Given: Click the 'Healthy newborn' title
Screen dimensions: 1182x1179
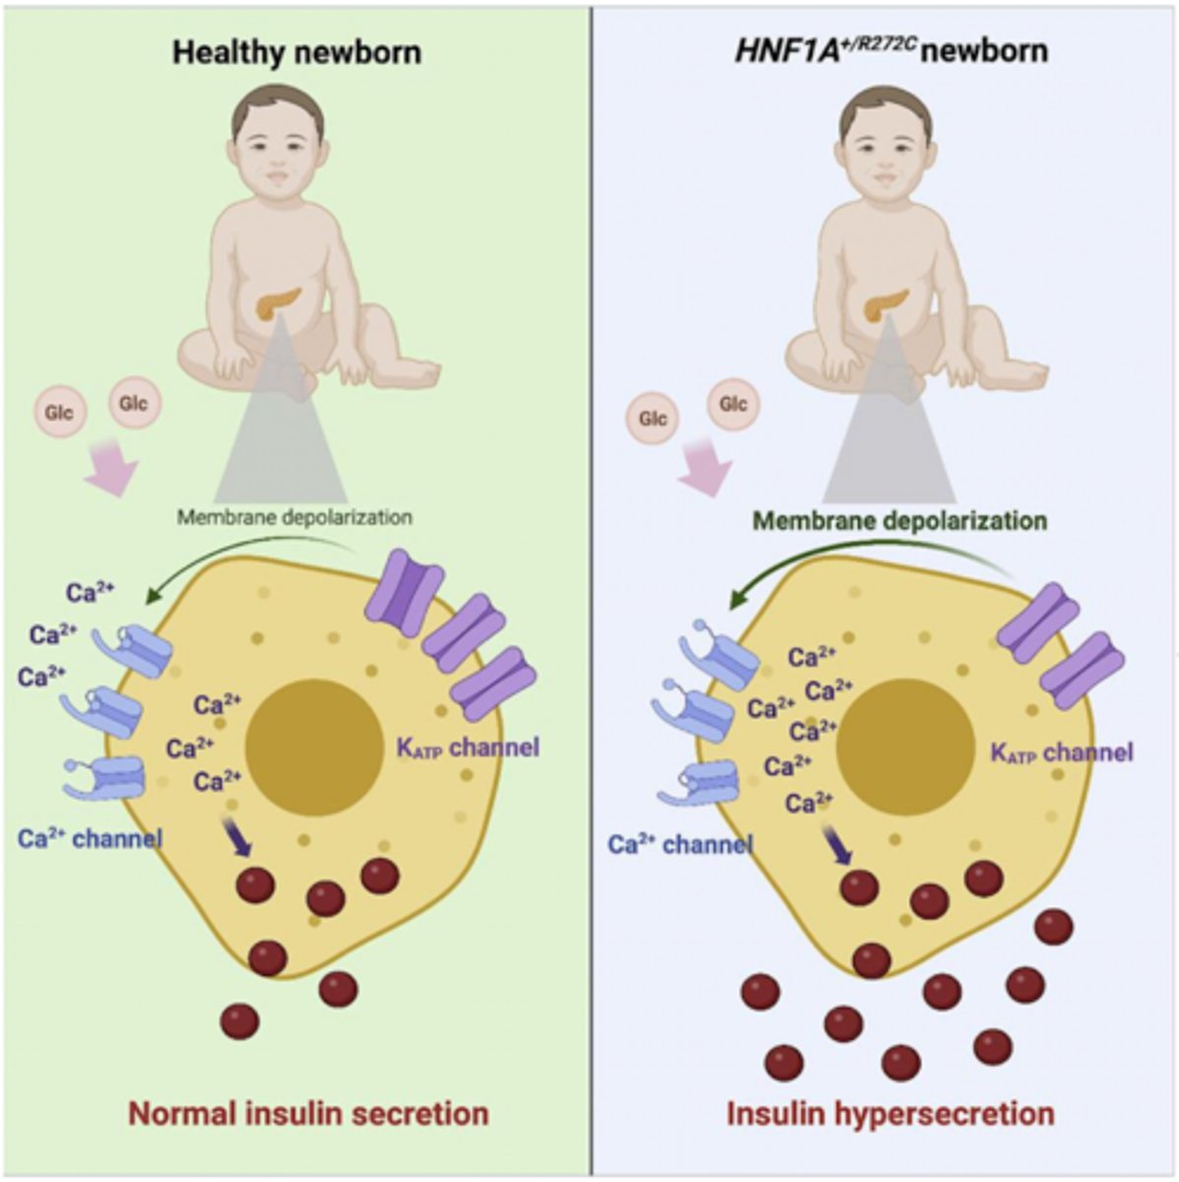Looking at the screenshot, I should (296, 51).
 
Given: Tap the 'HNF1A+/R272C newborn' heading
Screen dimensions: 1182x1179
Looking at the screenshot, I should (890, 49).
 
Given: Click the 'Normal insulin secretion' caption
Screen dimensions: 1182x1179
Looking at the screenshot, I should (308, 1113).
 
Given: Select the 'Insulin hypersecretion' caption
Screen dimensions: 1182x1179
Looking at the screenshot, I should (890, 1113).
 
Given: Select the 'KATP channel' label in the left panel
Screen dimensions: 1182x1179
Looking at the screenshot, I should (468, 748).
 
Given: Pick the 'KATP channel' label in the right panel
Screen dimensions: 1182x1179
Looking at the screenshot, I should (1061, 754).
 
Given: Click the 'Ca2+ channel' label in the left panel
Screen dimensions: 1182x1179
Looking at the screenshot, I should (90, 838).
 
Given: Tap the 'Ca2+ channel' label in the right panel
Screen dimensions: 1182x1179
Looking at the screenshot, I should (680, 844).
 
